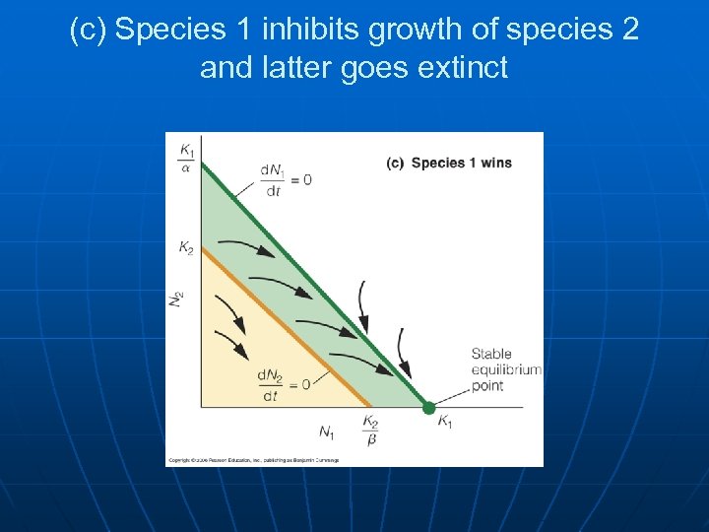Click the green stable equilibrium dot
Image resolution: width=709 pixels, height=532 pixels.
428,407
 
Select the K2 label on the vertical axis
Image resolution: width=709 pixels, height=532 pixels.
186,247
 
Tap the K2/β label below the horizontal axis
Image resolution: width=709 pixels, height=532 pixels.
370,429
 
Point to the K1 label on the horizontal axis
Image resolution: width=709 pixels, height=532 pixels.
445,423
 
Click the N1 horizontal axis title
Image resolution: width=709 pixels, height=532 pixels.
326,431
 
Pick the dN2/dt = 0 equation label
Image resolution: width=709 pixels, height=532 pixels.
283,384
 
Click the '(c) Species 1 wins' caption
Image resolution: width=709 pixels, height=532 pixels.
449,163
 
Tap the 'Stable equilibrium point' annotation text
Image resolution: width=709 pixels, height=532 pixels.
505,369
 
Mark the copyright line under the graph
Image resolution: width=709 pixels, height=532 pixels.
252,460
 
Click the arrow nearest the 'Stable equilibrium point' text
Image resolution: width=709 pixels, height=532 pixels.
403,349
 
